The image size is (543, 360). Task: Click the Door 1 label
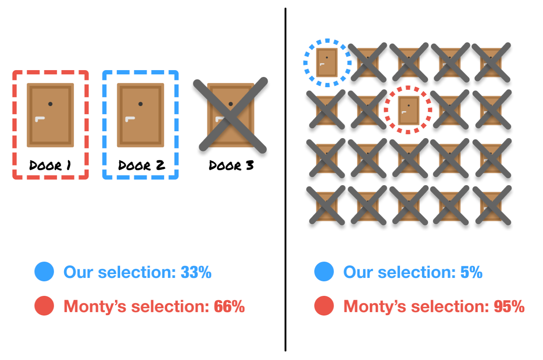point(50,165)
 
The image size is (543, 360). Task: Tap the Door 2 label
point(141,165)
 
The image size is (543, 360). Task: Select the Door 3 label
point(231,165)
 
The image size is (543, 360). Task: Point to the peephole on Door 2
point(140,104)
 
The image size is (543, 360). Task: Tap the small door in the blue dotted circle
point(327,62)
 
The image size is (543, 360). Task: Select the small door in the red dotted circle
point(408,110)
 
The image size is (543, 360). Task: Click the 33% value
point(196,272)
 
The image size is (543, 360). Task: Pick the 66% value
point(229,307)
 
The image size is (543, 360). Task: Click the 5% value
point(471,272)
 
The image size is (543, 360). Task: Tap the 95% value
point(509,307)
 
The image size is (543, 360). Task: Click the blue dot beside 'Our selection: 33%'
point(44,272)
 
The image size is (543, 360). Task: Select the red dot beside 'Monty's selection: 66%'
point(44,306)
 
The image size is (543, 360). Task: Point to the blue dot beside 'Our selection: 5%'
point(324,272)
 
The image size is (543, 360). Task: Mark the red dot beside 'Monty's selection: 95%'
point(324,306)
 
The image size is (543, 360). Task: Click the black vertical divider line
point(285,180)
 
